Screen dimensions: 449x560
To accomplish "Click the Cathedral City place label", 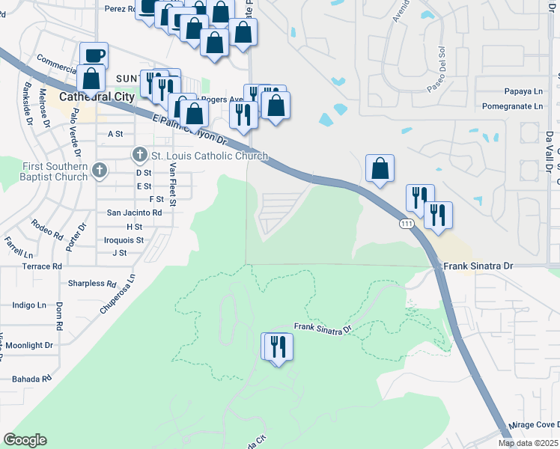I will (97, 97).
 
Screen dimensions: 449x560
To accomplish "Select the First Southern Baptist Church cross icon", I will (98, 171).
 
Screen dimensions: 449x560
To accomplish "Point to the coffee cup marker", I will (94, 55).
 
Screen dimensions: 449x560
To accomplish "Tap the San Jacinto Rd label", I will (135, 213).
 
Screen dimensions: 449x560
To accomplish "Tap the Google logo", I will (25, 440).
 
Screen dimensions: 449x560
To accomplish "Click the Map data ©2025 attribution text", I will (528, 443).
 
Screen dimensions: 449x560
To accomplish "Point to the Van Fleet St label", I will (174, 187).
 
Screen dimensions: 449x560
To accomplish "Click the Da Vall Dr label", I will (549, 149).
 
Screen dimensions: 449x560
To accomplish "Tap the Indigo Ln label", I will (30, 305).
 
